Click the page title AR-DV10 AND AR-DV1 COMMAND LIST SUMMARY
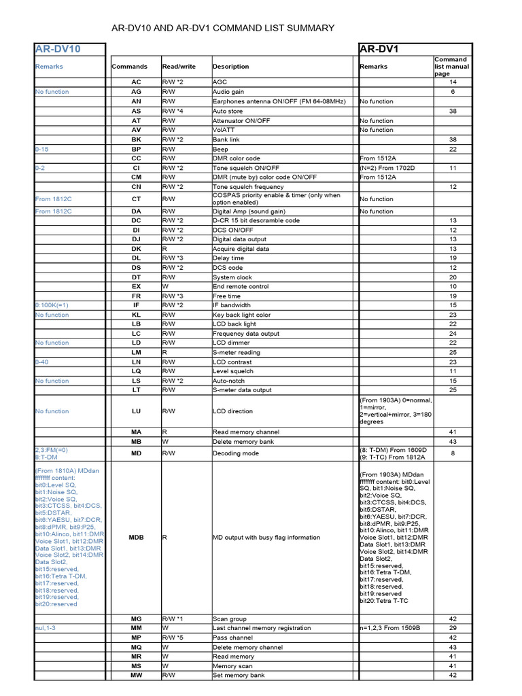223,28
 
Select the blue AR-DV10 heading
58,49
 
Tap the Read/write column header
179,67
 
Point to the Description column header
230,67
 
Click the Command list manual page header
452,67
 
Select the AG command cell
136,92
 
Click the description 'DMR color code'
236,158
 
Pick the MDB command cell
136,537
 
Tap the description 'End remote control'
241,287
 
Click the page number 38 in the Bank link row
453,139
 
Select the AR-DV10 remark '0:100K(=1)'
52,305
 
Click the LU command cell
136,411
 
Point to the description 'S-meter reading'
237,353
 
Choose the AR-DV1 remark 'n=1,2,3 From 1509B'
389,628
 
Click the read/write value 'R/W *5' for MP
173,638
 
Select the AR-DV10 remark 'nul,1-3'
46,628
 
